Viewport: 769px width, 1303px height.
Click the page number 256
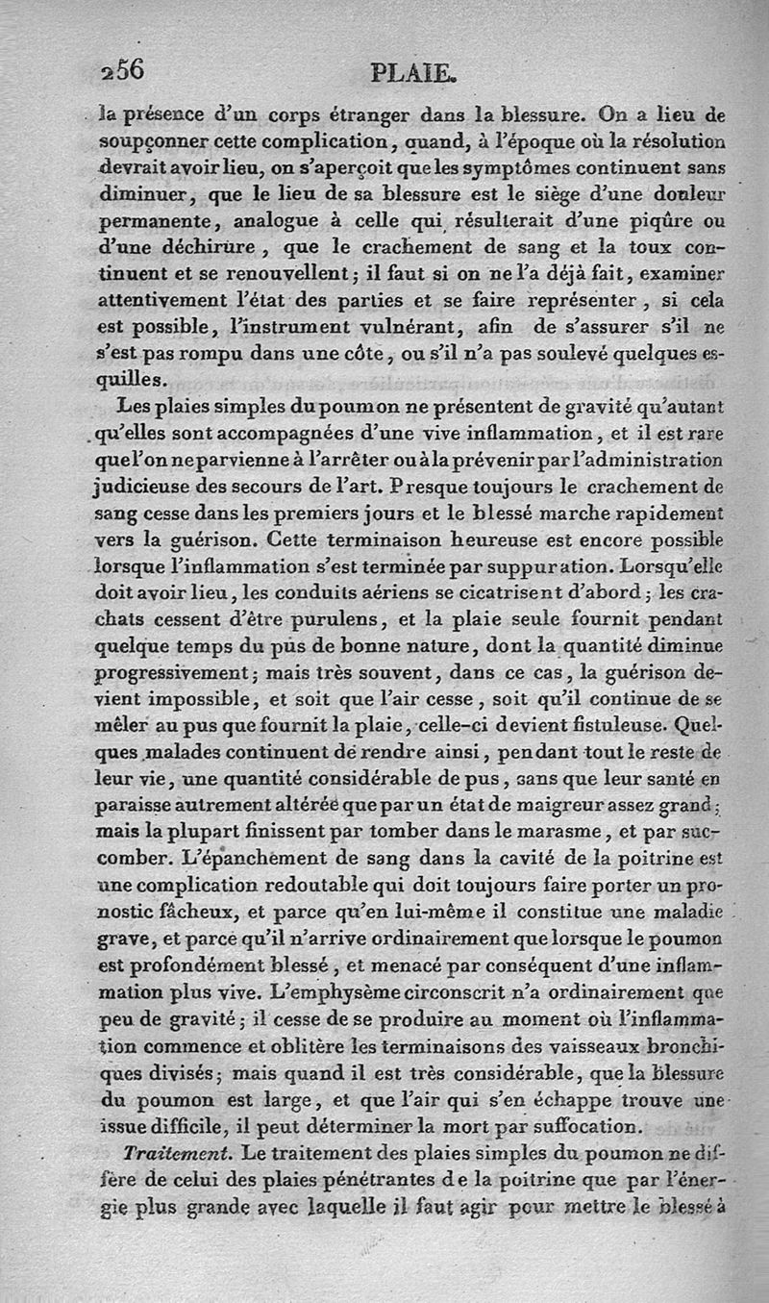(121, 69)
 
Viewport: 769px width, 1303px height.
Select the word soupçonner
(153, 141)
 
